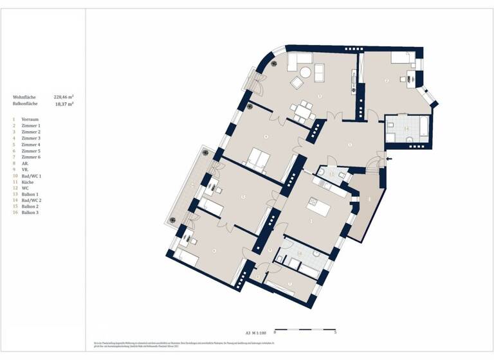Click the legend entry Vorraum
click(x=30, y=120)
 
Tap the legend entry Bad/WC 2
click(x=32, y=200)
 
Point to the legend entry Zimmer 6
click(x=31, y=157)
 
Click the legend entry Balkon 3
click(x=30, y=213)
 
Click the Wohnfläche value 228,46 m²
click(x=64, y=97)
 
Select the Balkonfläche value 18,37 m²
click(x=65, y=104)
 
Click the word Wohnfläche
click(x=24, y=97)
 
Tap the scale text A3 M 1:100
click(x=255, y=332)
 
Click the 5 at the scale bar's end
click(x=336, y=333)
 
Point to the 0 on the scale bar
click(x=275, y=333)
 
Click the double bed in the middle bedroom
click(x=258, y=158)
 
